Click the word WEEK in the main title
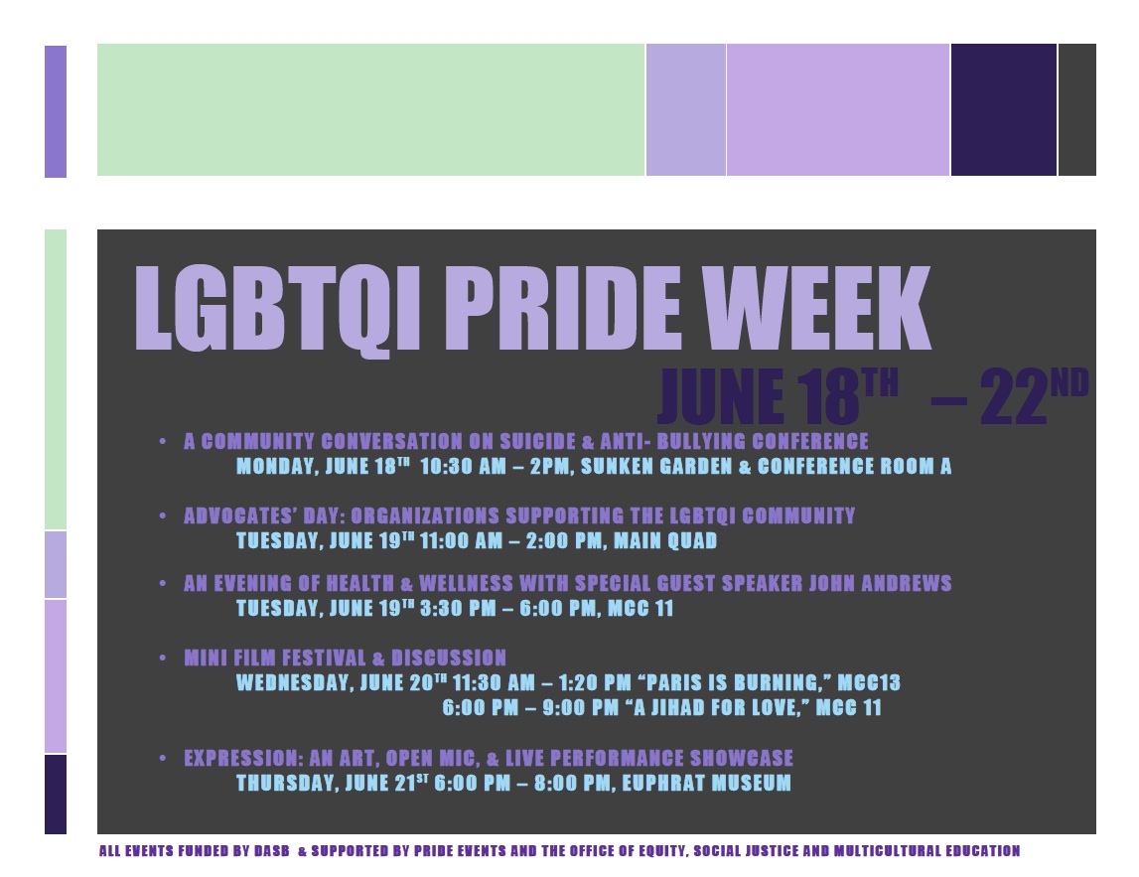tap(816, 308)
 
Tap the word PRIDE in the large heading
tap(563, 308)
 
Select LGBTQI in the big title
tap(278, 311)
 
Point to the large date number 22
tap(1013, 396)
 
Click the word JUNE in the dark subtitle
tap(721, 396)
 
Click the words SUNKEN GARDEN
tap(656, 466)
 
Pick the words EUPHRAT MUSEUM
tap(706, 783)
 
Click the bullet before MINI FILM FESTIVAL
tap(163, 658)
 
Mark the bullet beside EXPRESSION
tap(163, 758)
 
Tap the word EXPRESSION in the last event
tap(242, 759)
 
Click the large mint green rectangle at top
tap(370, 109)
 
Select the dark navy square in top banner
tap(1004, 109)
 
